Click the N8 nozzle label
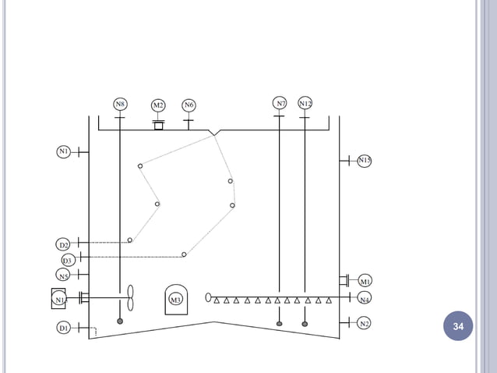[120, 103]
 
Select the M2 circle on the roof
[158, 105]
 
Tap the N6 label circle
[189, 105]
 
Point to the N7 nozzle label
[280, 103]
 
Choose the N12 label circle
[305, 103]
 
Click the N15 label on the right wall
[365, 161]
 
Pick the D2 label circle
[65, 245]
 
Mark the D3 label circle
[68, 260]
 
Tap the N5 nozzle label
[64, 275]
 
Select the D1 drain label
[64, 329]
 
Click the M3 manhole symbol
[175, 299]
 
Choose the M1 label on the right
[365, 281]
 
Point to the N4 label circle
[365, 298]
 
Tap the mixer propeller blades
[131, 297]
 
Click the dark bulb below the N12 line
[305, 323]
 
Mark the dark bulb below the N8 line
[120, 321]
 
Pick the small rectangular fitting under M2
[158, 125]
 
